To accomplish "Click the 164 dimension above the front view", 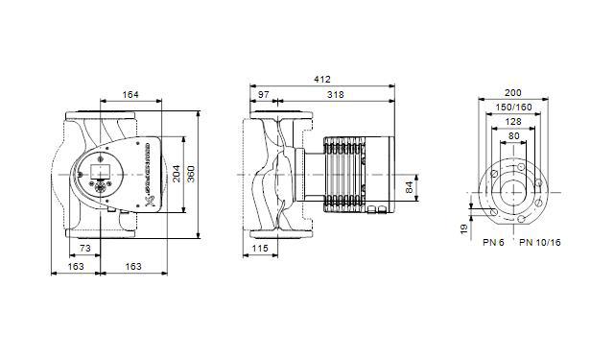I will tap(130, 95).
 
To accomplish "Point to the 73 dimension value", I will tap(85, 248).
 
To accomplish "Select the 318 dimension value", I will tap(337, 95).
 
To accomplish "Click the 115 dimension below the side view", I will tap(258, 249).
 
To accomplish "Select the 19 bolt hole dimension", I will tap(464, 228).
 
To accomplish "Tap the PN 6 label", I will tap(493, 243).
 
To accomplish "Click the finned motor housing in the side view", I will tap(345, 174).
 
